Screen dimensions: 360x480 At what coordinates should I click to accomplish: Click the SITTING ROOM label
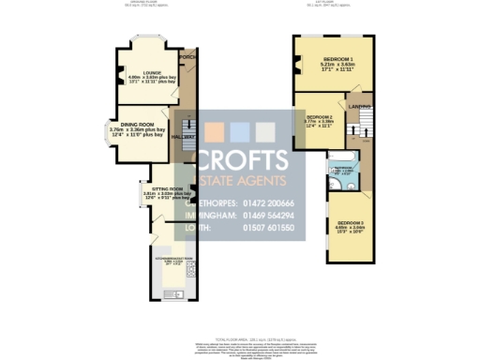[x=154, y=188]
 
